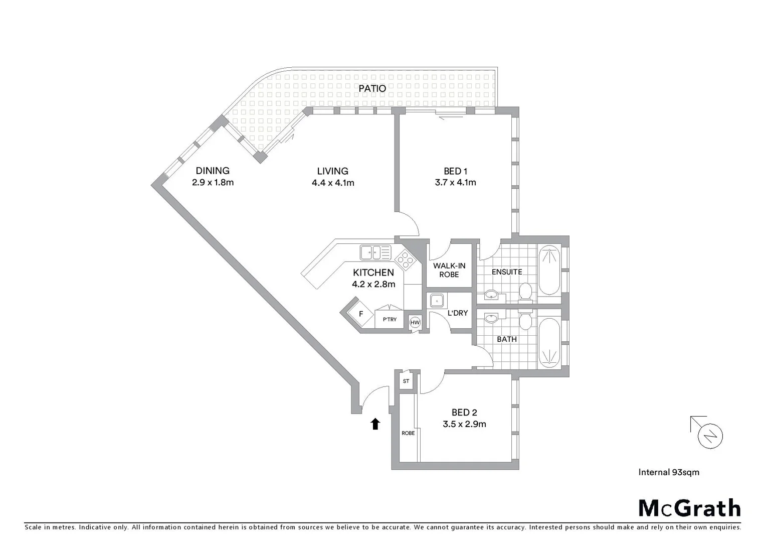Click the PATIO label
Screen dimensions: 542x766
coord(372,88)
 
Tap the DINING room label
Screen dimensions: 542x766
coord(213,171)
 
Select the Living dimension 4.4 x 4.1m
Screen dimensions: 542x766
coord(333,183)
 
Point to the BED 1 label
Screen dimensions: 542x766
coord(455,171)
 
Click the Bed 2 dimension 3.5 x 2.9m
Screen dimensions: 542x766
coord(464,424)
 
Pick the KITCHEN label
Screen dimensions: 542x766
coord(373,273)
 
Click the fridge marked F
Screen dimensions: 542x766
coord(360,315)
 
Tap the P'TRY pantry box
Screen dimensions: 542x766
coord(390,319)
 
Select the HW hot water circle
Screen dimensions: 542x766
coord(415,323)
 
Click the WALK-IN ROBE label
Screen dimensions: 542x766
coord(449,270)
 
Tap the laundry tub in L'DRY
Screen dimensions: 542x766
coord(436,300)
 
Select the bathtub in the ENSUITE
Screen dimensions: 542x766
coord(549,270)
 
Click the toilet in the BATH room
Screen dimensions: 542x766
coord(525,320)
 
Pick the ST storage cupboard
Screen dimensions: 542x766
coord(406,381)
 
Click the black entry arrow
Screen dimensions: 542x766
coord(375,424)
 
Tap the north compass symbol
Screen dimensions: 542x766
coord(710,435)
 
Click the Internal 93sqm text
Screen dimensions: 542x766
coord(669,472)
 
